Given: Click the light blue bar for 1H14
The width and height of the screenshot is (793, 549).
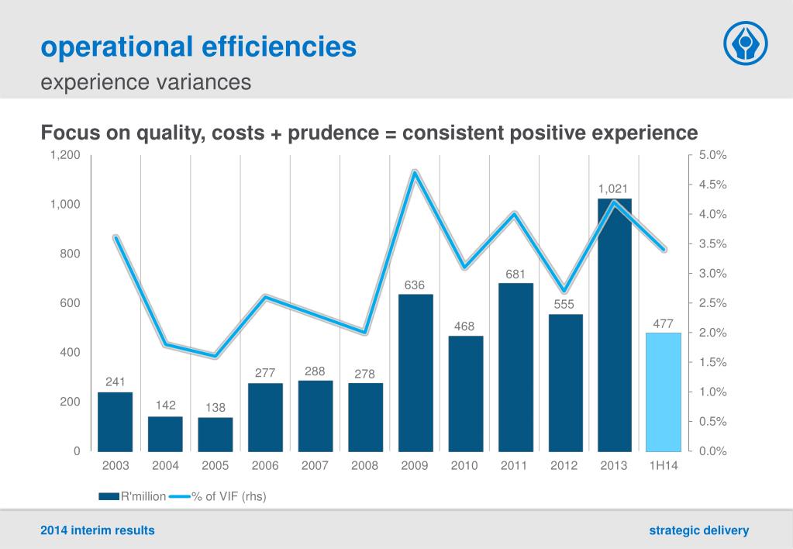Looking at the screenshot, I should (663, 392).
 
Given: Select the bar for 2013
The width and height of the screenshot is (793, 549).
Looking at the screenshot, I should (615, 326).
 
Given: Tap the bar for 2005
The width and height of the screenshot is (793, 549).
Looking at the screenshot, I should (215, 433).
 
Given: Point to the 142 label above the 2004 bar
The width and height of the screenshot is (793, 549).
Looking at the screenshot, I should (166, 405).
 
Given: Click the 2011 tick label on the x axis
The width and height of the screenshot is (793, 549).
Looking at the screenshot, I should (515, 466).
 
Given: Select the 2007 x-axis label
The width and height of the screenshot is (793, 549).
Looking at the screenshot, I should (315, 466).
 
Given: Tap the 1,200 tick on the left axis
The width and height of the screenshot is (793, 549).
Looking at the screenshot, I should (65, 155).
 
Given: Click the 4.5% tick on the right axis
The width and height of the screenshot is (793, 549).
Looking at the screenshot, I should (712, 185).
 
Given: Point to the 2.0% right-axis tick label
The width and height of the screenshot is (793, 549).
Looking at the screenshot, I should (712, 333).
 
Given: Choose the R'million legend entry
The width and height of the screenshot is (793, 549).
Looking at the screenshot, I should (133, 496).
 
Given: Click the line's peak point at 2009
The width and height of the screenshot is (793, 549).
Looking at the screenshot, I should (415, 171).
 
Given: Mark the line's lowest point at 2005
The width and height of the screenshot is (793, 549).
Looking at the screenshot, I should (215, 357).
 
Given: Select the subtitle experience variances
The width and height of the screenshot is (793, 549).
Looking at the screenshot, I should (146, 81).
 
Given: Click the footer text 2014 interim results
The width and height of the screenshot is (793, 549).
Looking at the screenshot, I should (98, 530).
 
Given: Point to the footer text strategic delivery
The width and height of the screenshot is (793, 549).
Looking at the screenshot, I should (698, 530).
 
